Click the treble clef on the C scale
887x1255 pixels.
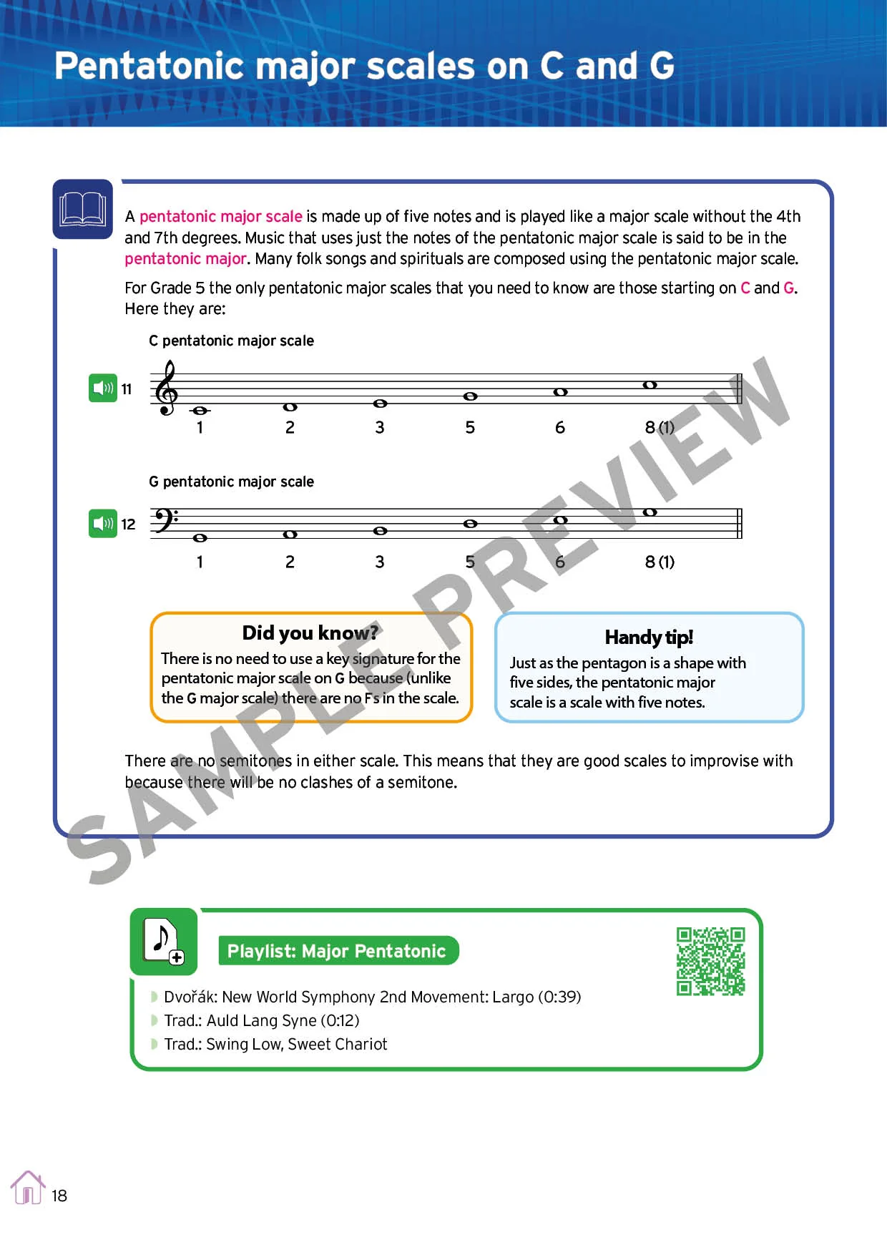tap(167, 389)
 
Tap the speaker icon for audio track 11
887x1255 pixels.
tap(103, 389)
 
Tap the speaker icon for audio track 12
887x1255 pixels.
tap(103, 524)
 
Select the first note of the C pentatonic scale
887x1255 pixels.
tap(200, 411)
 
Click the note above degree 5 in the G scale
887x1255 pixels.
tap(470, 524)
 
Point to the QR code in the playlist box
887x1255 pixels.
tap(710, 961)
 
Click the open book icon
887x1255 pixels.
tap(83, 210)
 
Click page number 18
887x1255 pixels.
tap(59, 1196)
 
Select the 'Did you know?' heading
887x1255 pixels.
tap(310, 633)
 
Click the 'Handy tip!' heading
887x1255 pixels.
tap(649, 637)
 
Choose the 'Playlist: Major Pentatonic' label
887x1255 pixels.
tap(336, 951)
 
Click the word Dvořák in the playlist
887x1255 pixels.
tap(190, 997)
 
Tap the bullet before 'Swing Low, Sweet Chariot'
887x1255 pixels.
tap(154, 1044)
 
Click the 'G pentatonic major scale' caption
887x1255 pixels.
tap(231, 482)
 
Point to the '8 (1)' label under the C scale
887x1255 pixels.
tap(660, 427)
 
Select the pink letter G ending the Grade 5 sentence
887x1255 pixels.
tap(788, 288)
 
